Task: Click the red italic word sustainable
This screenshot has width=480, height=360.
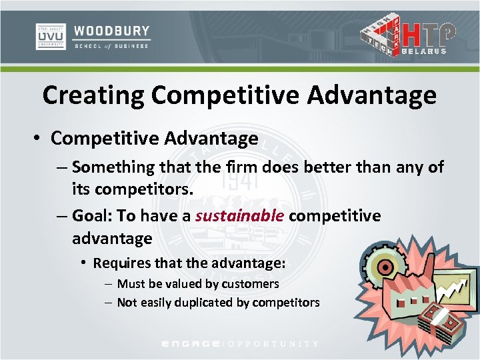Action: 241,216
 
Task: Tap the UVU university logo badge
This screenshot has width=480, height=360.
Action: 50,37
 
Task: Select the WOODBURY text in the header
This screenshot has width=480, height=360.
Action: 112,31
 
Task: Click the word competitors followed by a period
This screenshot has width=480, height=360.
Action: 143,189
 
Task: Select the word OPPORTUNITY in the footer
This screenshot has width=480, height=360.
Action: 274,344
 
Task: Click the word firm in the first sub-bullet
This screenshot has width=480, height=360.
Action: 242,167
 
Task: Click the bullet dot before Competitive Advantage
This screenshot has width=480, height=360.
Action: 39,139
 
